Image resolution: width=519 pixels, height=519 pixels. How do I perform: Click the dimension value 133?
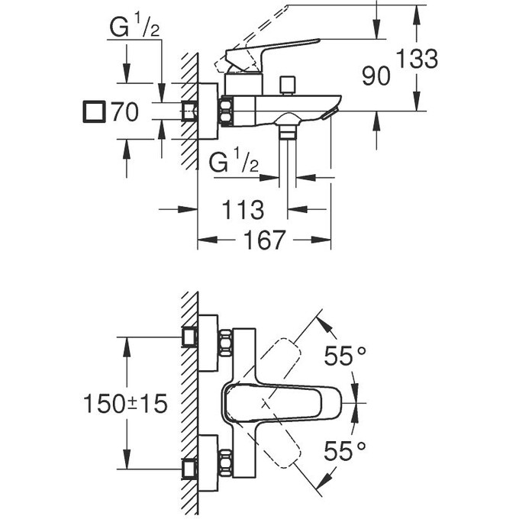[x=417, y=58]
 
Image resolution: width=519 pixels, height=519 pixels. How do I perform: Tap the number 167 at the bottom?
[x=264, y=240]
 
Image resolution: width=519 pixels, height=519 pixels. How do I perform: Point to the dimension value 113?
[x=242, y=208]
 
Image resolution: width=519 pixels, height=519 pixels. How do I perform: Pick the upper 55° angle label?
[x=345, y=356]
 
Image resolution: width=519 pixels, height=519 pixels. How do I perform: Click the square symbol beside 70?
[x=93, y=112]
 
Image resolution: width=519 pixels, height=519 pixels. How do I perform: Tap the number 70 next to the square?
[x=124, y=113]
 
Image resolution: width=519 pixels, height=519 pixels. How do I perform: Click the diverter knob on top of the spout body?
[x=287, y=83]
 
